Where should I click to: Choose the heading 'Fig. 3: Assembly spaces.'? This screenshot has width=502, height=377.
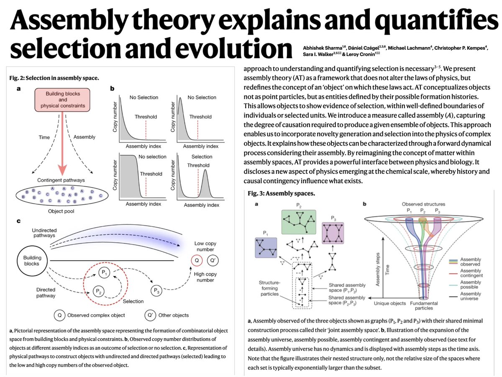click(281, 194)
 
